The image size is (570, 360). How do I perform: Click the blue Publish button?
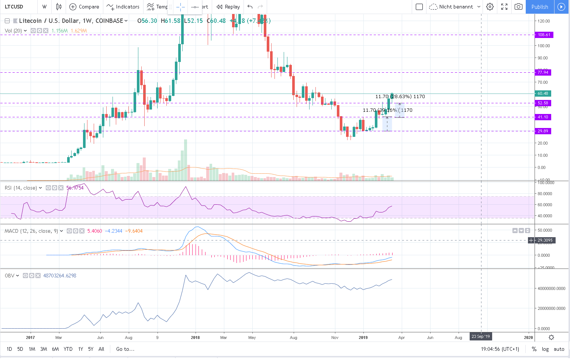click(539, 7)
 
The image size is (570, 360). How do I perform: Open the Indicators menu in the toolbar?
click(123, 7)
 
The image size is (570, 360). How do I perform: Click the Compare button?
click(84, 7)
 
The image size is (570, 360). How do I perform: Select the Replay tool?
click(228, 7)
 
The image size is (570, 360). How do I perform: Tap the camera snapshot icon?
click(518, 7)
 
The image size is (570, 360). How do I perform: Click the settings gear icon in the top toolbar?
click(490, 7)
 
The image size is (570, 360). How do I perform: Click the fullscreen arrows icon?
click(504, 7)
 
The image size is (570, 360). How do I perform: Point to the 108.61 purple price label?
click(543, 35)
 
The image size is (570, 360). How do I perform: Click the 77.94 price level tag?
click(543, 72)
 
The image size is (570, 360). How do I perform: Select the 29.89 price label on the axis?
click(543, 131)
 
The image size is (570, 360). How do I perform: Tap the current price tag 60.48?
click(543, 93)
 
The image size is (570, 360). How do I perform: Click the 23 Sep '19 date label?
click(480, 336)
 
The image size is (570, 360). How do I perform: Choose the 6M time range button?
click(55, 349)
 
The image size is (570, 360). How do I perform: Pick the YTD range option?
click(68, 349)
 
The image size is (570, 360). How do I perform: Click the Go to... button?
click(125, 349)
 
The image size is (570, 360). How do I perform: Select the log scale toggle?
click(545, 349)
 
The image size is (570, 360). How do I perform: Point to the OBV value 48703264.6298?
click(60, 276)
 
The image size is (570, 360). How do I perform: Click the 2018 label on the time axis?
click(195, 337)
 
